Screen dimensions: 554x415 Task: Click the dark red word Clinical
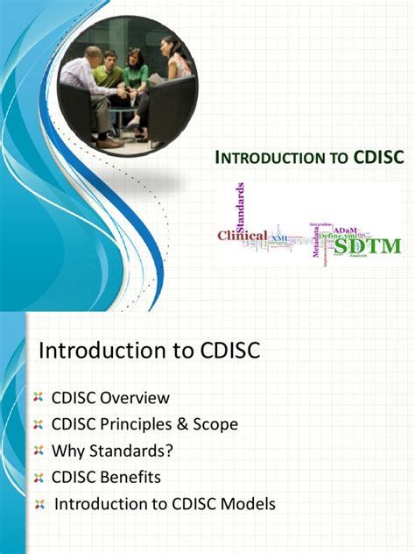[243, 236]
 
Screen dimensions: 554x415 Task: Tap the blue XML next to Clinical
[279, 238]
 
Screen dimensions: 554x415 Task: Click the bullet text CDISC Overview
[110, 398]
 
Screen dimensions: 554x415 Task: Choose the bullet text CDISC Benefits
[107, 478]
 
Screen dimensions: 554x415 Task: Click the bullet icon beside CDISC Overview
[38, 399]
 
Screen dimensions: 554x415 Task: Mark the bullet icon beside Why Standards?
[38, 451]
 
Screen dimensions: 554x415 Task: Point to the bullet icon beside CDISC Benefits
[38, 478]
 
